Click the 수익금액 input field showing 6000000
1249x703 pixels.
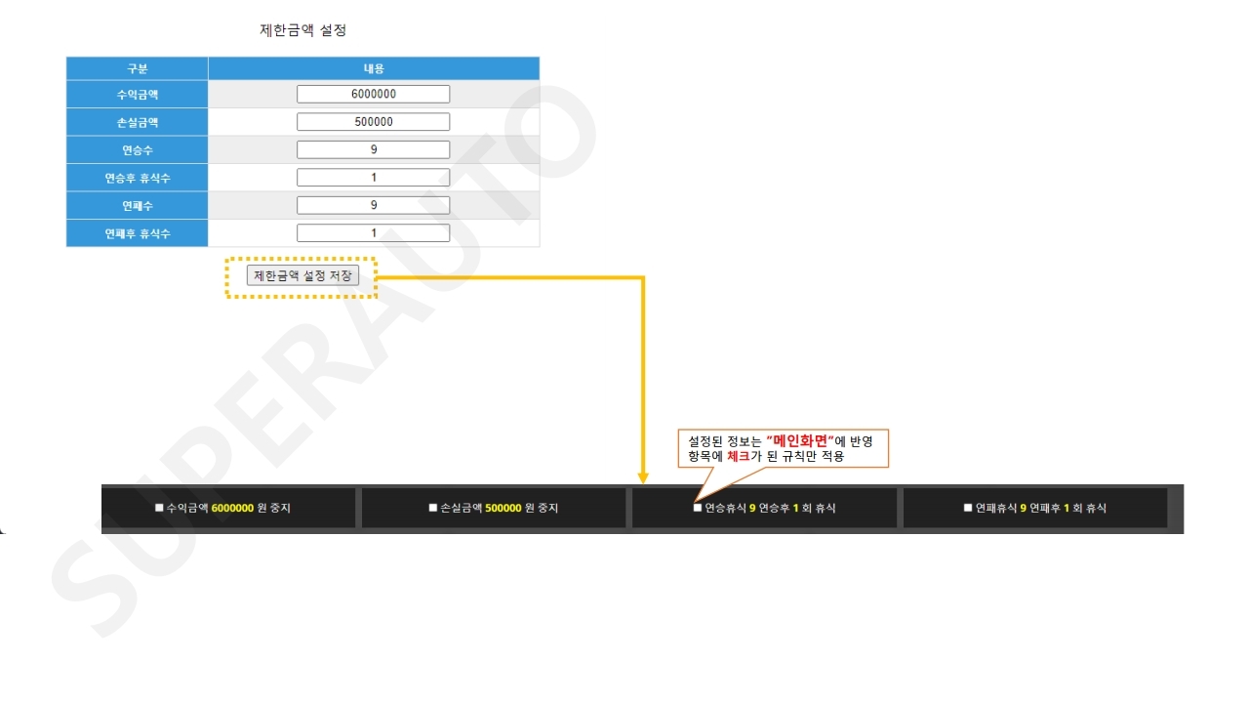point(373,94)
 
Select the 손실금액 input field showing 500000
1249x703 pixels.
point(373,122)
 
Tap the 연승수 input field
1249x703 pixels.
point(373,149)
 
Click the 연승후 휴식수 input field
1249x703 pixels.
point(373,178)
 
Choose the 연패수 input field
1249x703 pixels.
point(373,205)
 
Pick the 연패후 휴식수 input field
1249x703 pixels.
point(373,233)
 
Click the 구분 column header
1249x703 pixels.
point(138,68)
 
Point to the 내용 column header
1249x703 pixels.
point(374,68)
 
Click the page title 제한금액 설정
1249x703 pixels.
point(302,30)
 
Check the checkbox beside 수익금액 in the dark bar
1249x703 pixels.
point(159,508)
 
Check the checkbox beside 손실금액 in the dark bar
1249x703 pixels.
point(432,508)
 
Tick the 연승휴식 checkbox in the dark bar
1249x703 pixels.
point(697,508)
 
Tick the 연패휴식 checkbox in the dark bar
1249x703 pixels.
point(967,508)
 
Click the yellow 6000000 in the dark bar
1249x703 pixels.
point(232,509)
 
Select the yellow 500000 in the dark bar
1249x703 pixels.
point(503,509)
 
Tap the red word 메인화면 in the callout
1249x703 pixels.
point(800,441)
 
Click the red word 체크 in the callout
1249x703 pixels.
point(739,456)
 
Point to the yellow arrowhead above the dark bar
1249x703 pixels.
point(643,478)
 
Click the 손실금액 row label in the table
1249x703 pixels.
point(138,122)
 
